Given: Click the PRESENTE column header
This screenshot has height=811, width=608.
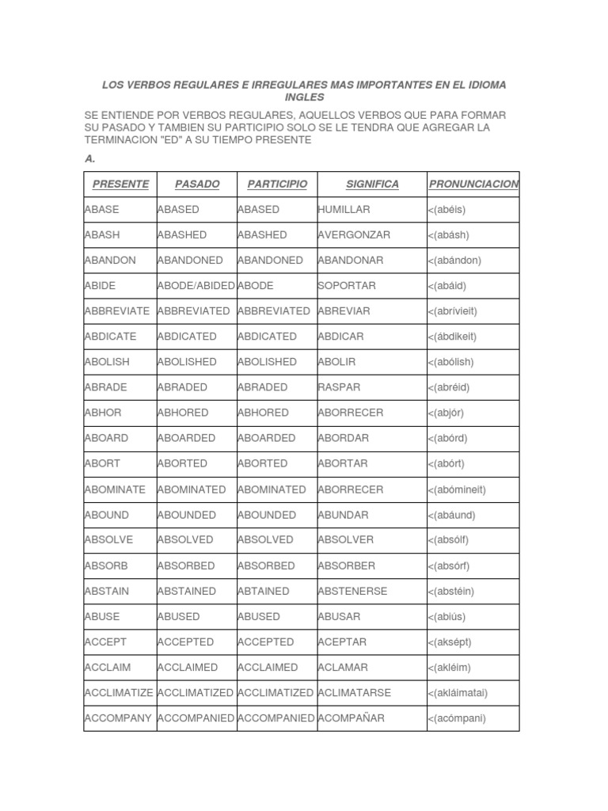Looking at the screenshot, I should click(120, 185).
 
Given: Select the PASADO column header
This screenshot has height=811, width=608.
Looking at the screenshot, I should click(197, 185).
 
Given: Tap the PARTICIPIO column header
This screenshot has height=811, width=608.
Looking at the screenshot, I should click(277, 185).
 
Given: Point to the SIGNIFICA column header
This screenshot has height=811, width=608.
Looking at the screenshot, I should click(372, 185).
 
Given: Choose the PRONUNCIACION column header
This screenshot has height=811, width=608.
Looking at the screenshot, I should click(473, 185).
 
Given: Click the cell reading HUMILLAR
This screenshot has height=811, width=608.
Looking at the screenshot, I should click(344, 210).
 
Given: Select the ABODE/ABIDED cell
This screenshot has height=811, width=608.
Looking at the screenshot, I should click(196, 286).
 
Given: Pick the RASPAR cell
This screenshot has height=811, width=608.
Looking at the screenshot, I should click(339, 387).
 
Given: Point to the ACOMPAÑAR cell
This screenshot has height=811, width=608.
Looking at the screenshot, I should click(351, 718).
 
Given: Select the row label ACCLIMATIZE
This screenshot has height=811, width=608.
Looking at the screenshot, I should click(119, 693).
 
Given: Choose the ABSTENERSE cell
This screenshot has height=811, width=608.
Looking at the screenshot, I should click(351, 591).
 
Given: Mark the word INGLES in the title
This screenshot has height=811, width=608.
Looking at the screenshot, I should click(305, 97).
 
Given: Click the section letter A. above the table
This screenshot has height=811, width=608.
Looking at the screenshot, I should click(89, 158).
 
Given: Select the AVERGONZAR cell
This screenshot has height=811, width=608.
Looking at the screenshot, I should click(354, 235).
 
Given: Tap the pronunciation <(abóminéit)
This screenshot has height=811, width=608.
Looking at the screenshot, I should click(457, 489).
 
